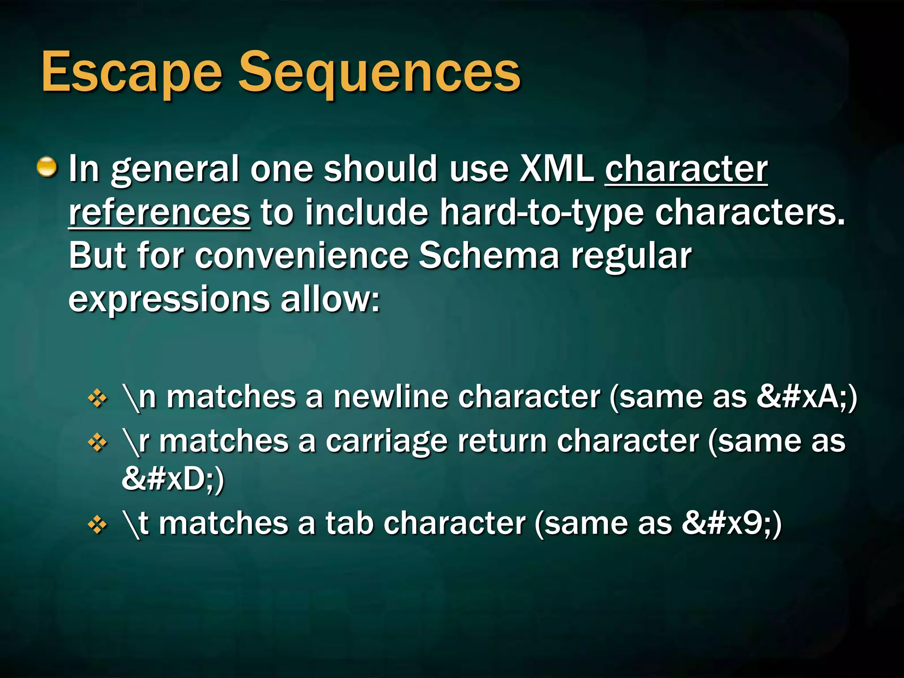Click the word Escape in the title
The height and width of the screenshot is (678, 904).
click(x=132, y=73)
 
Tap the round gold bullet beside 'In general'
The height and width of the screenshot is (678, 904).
click(x=47, y=167)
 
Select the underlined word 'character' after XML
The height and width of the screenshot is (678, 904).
click(x=686, y=169)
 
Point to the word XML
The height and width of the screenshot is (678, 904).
click(x=557, y=169)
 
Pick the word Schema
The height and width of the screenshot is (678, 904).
click(x=489, y=256)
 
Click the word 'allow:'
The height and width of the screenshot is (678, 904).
click(x=330, y=299)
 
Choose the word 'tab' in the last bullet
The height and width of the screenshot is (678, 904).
click(x=350, y=523)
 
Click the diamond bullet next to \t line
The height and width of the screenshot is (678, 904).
click(x=98, y=524)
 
